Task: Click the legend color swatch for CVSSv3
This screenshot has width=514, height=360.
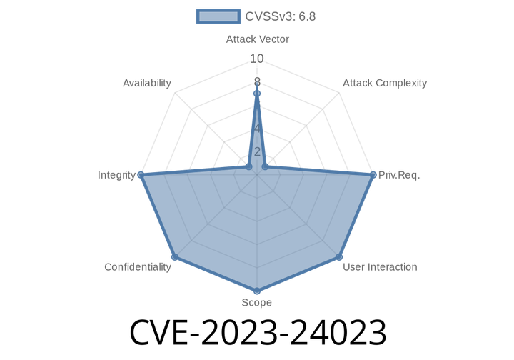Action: (218, 16)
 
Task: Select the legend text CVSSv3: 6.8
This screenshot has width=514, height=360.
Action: (281, 16)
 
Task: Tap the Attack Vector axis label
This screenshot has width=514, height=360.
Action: (257, 39)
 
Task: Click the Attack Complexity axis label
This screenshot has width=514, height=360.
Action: (385, 83)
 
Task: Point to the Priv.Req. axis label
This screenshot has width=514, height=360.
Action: (399, 175)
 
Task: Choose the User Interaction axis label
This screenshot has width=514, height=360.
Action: (380, 267)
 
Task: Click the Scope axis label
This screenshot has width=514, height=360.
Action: (257, 302)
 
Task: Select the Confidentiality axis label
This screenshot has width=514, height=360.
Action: (138, 267)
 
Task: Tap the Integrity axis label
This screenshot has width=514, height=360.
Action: (116, 175)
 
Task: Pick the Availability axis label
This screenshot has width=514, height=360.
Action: (147, 83)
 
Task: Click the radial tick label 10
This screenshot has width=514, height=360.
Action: (257, 59)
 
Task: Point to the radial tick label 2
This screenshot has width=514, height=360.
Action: (257, 151)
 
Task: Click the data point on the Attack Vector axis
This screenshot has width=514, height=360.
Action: (257, 94)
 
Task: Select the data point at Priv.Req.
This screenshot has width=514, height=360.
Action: (373, 175)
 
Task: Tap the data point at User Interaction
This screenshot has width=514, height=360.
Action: (339, 256)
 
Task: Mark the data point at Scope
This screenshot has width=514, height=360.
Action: (257, 291)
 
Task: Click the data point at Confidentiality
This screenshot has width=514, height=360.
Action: (175, 256)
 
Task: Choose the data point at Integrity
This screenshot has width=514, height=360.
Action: (141, 175)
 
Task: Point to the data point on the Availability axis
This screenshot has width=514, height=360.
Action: (249, 167)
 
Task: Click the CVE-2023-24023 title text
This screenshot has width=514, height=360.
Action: (258, 332)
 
